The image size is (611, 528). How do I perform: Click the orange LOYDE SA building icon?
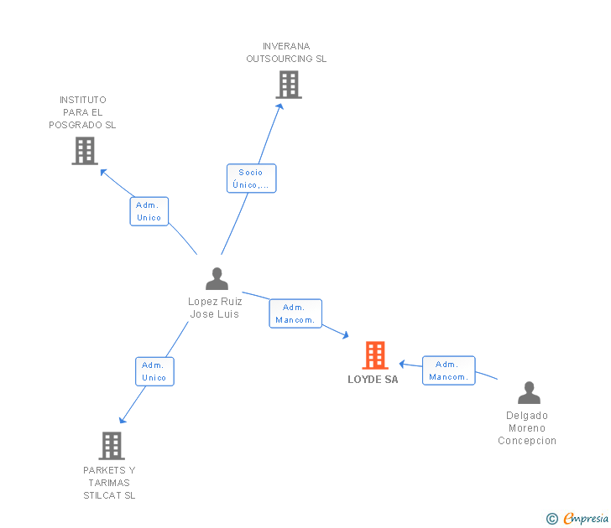(375, 355)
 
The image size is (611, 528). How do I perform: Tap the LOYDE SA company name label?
(373, 380)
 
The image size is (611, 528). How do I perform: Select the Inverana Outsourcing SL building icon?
(288, 85)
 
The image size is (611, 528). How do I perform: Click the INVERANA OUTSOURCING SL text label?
(286, 53)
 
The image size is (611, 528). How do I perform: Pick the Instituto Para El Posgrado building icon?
(84, 151)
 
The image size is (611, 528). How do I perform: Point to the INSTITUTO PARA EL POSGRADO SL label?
(83, 112)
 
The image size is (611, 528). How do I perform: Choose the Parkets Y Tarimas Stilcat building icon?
(111, 446)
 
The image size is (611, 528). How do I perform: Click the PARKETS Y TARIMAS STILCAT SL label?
(109, 483)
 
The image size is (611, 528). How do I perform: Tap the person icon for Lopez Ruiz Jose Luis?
(217, 279)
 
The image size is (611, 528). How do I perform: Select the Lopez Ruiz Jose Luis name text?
(215, 308)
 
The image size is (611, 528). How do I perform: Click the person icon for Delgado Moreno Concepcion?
(529, 393)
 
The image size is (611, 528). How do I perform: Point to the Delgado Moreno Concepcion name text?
(527, 428)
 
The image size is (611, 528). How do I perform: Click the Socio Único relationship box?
(251, 179)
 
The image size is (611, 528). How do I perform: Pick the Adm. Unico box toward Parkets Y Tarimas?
(154, 371)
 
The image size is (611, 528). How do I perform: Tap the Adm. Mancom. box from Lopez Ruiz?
(295, 313)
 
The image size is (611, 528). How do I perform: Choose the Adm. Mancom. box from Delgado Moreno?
(448, 370)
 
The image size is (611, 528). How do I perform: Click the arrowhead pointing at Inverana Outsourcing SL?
(280, 106)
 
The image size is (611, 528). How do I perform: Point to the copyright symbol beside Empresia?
(552, 520)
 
